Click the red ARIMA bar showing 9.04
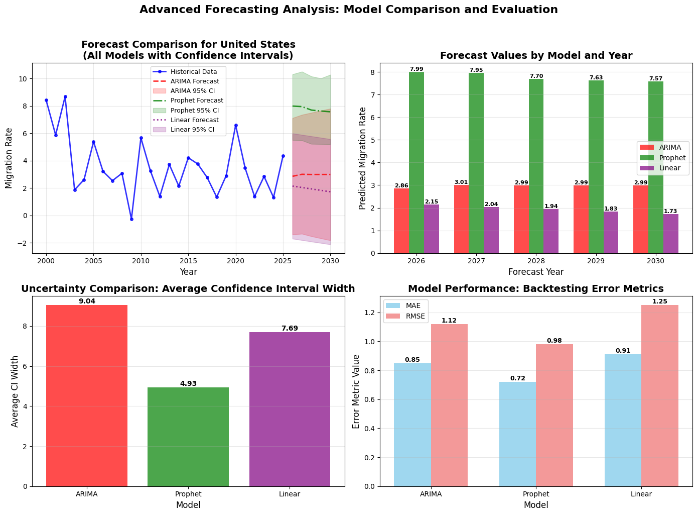click(x=87, y=395)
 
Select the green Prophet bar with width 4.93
click(x=188, y=437)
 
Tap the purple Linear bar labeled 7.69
click(x=290, y=409)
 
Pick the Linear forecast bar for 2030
click(x=671, y=234)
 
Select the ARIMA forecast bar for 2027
click(x=461, y=219)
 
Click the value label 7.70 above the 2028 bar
click(x=536, y=76)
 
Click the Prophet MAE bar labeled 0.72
click(x=517, y=434)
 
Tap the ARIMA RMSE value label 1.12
click(x=449, y=321)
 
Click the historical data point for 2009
click(x=131, y=219)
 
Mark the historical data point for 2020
click(x=236, y=125)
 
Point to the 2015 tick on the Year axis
click(x=188, y=261)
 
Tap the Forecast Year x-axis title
click(x=536, y=272)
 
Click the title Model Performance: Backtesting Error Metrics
click(x=536, y=289)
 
